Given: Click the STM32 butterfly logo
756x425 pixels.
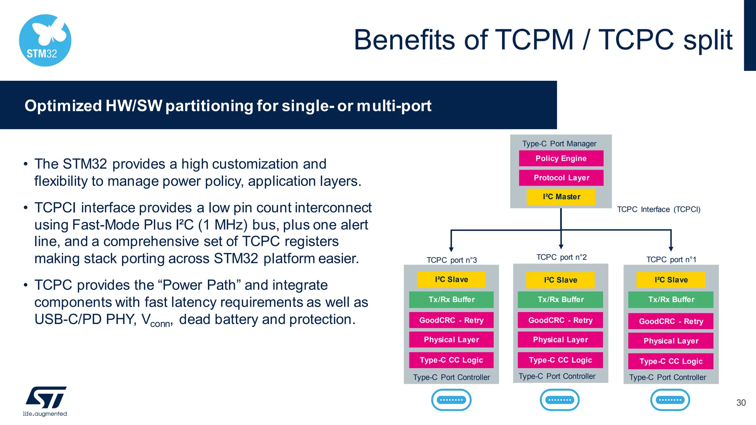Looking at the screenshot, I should [45, 41].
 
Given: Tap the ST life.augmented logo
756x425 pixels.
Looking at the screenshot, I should [45, 401].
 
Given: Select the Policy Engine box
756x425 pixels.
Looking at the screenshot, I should [561, 158].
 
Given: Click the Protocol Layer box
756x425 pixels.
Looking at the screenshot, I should [561, 178].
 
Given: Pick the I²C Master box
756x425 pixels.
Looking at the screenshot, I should [561, 197].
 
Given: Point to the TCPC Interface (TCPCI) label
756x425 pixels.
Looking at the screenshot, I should [659, 210].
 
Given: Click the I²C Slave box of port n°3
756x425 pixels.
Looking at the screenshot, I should [451, 280].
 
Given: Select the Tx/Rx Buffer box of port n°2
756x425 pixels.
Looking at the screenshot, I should [560, 300].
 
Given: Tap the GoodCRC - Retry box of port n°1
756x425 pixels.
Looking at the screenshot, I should [670, 321].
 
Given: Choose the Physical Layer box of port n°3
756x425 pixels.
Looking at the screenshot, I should [451, 340].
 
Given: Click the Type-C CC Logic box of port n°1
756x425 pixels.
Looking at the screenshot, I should [670, 362].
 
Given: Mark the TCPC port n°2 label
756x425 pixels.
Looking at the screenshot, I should [561, 257].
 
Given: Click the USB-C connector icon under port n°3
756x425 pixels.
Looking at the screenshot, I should [451, 400].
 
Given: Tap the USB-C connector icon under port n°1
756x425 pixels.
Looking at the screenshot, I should [670, 400].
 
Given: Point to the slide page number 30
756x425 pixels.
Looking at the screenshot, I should [741, 403].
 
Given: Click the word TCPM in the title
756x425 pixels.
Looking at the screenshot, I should [534, 40].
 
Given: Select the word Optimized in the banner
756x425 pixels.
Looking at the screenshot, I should [63, 106].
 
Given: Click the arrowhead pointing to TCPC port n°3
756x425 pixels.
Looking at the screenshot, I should [451, 249].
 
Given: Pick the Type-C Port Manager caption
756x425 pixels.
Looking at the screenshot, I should [559, 144].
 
